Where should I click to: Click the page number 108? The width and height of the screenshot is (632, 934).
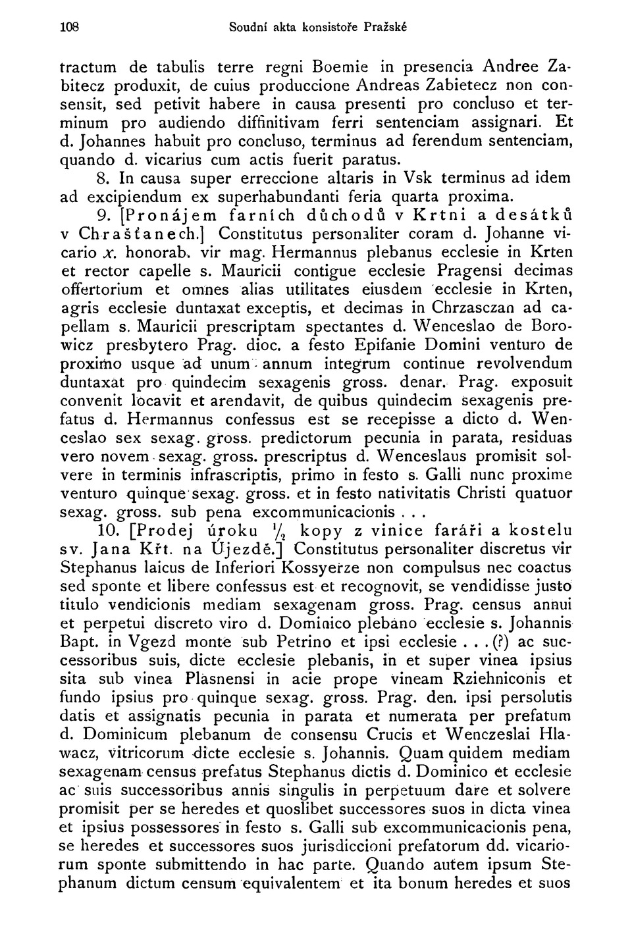pyautogui.click(x=68, y=28)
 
